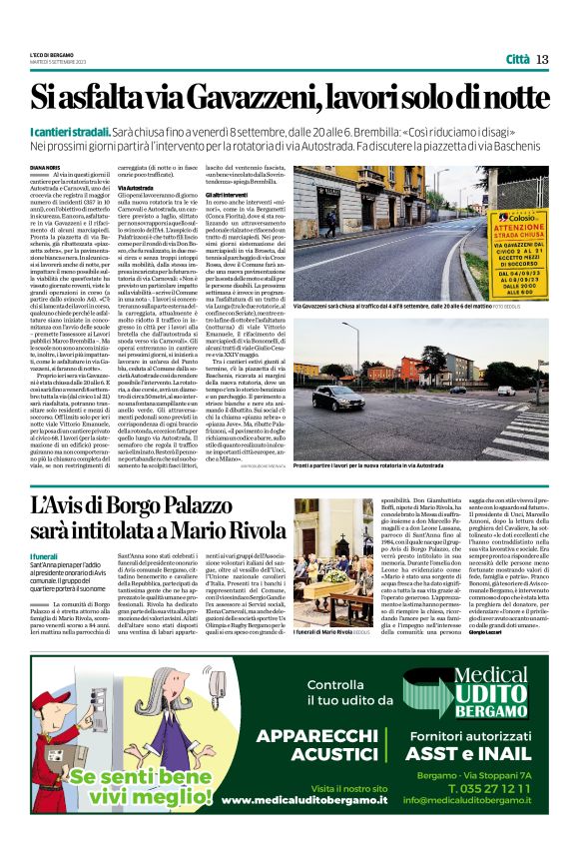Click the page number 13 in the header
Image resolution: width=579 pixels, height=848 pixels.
point(542,59)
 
